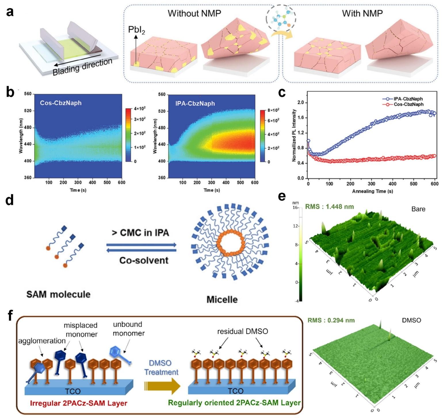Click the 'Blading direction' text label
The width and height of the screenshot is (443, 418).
(82, 67)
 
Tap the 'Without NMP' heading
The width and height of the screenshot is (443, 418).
(194, 13)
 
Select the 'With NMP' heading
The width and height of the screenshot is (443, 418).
(362, 13)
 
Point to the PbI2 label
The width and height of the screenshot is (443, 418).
(136, 30)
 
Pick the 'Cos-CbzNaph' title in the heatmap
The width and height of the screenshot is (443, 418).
(61, 103)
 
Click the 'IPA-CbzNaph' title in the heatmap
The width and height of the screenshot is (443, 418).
(195, 103)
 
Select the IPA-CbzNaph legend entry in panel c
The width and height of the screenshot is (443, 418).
(408, 99)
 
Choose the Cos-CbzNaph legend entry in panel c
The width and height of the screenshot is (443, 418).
(408, 104)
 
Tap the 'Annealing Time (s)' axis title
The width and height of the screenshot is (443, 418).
(373, 191)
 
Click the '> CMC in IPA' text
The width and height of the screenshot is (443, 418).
(140, 232)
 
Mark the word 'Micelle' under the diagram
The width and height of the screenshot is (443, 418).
(222, 300)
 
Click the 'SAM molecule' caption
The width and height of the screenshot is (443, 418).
(58, 294)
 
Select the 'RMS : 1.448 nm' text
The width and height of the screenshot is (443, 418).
(329, 206)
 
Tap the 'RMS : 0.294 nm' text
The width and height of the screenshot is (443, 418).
(331, 320)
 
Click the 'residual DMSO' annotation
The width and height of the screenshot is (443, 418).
(242, 331)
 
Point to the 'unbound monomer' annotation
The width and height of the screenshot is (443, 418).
(128, 329)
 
